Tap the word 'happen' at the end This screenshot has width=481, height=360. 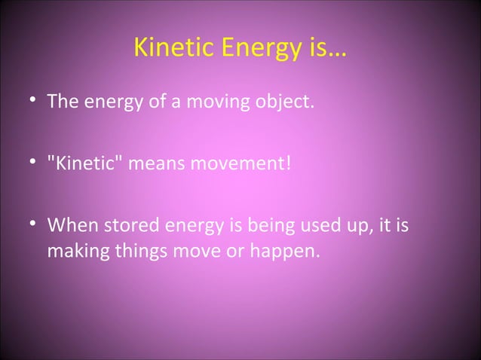[280, 249]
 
